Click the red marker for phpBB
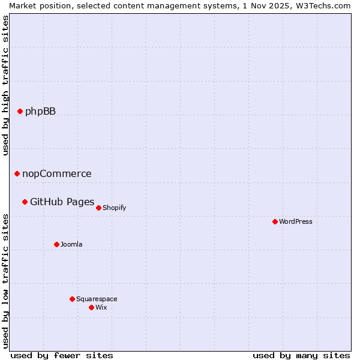[x=20, y=111]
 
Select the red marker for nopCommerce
[x=17, y=173]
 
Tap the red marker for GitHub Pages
[x=25, y=202]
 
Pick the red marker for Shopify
[x=98, y=208]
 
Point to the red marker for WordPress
[x=275, y=221]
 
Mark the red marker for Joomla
[x=56, y=244]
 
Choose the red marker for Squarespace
[x=72, y=299]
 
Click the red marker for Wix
[x=91, y=307]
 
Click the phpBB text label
[x=40, y=111]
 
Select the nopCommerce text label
[x=57, y=173]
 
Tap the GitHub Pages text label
[x=62, y=202]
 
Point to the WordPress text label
[x=296, y=221]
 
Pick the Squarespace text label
[x=97, y=299]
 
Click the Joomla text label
[x=71, y=244]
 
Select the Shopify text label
[x=115, y=208]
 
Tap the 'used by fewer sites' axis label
[x=62, y=355]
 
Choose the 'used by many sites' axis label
[x=301, y=355]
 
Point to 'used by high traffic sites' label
[x=5, y=85]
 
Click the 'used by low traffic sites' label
[x=5, y=281]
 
